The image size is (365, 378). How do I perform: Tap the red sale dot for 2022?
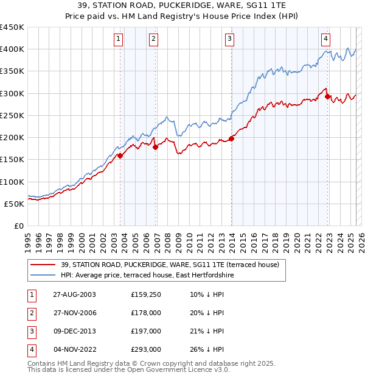[x=328, y=96]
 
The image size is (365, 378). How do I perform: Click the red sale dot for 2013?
[x=232, y=138]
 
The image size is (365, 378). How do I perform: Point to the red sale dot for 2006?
[x=156, y=147]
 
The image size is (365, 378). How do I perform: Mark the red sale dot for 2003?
[x=120, y=155]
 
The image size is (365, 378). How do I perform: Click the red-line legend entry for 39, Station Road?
[x=170, y=265]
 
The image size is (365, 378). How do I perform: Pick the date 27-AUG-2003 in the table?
[x=74, y=294]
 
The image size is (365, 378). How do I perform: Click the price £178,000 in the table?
[x=146, y=313]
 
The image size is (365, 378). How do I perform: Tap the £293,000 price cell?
[x=146, y=349]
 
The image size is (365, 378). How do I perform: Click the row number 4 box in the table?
[x=30, y=349]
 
